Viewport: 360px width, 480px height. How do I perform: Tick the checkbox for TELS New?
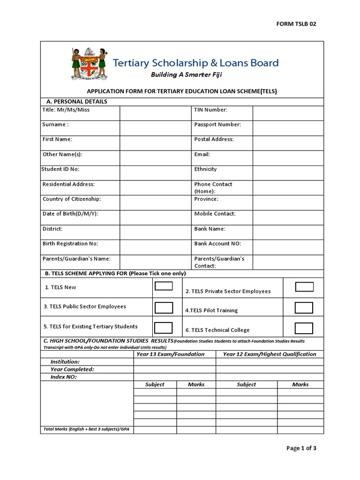click(x=164, y=286)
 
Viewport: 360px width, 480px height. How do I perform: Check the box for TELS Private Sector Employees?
click(x=304, y=287)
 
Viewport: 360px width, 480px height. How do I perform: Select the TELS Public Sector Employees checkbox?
click(x=164, y=307)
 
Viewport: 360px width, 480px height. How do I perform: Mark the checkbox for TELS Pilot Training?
click(x=304, y=307)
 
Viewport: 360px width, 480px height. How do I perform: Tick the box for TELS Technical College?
click(x=304, y=328)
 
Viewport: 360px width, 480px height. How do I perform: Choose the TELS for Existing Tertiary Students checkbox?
click(x=164, y=328)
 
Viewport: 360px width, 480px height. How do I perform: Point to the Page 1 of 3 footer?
click(x=301, y=448)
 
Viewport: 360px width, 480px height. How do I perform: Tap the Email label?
click(x=202, y=154)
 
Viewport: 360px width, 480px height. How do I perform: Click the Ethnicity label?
click(x=205, y=169)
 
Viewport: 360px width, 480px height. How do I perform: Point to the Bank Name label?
click(x=210, y=229)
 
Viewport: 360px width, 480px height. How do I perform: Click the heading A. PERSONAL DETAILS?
click(x=77, y=102)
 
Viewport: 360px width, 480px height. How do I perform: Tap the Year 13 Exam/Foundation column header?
click(x=170, y=354)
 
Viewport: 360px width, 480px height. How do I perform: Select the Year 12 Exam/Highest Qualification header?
click(x=270, y=354)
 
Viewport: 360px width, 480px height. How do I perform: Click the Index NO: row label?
click(x=64, y=377)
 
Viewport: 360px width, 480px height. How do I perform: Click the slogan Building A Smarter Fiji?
click(x=186, y=75)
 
